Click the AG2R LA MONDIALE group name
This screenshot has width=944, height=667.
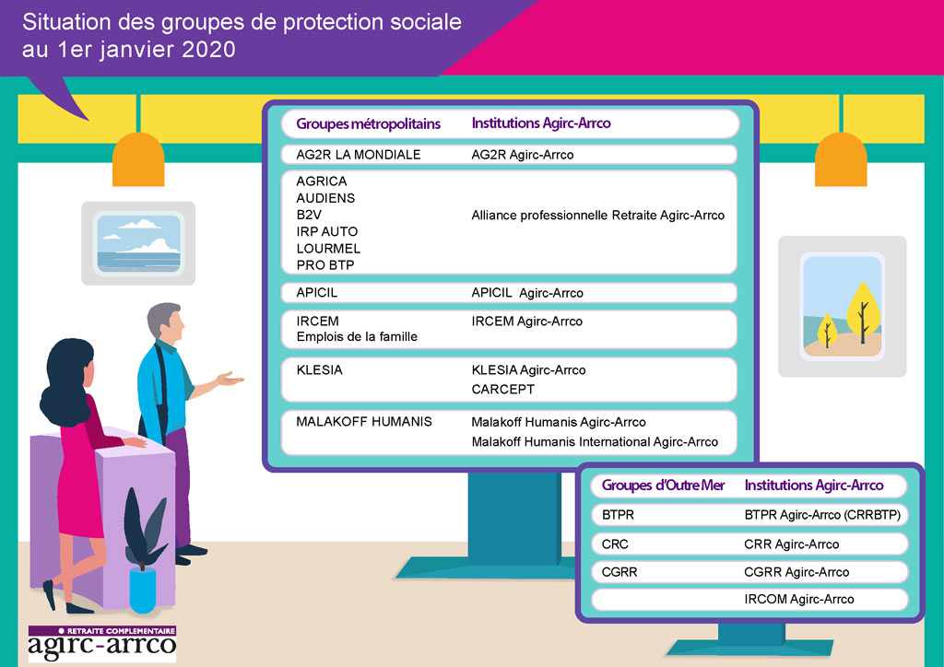coord(359,155)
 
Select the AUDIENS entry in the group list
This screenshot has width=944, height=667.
coord(325,198)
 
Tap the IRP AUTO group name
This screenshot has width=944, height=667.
coord(327,231)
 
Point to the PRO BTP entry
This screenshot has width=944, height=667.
coord(325,265)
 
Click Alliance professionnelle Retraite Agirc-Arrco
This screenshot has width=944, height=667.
coord(597,216)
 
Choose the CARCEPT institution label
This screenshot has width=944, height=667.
coord(502,389)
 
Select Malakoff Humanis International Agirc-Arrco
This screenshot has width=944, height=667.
coord(595,442)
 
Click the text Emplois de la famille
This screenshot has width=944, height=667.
coord(357,337)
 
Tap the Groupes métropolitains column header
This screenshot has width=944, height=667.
coord(369,123)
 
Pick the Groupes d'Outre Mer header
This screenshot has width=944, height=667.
coord(664,486)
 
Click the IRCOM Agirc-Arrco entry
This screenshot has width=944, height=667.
coord(799,599)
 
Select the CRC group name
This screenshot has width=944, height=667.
coord(615,544)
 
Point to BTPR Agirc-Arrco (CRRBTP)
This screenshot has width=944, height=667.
coord(822,515)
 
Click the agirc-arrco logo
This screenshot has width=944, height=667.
coord(102,644)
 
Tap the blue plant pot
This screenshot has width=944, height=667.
coord(143,590)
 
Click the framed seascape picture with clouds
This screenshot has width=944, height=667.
coord(138,243)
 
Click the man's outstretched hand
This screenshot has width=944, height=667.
coord(230,379)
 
